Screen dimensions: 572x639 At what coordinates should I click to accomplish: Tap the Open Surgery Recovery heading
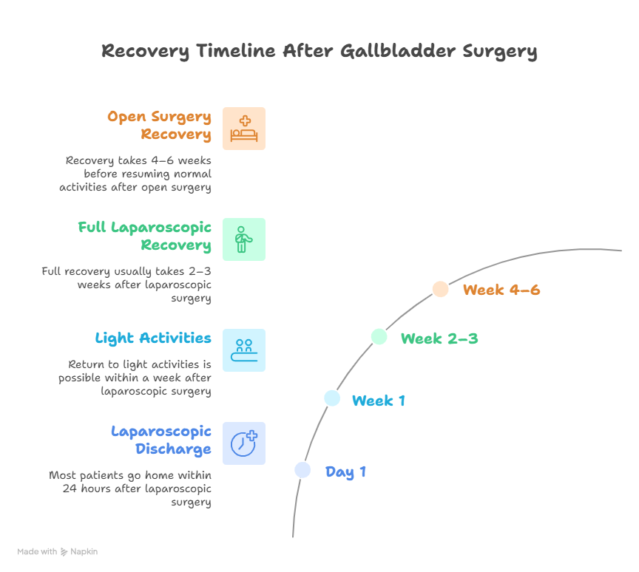coord(159,126)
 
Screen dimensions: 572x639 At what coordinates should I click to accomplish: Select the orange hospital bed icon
coord(244,129)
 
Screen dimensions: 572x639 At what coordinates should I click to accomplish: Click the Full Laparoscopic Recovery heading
coord(144,236)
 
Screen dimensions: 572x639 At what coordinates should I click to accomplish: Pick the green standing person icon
coord(244,239)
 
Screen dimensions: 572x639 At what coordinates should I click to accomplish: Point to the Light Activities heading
coord(153,338)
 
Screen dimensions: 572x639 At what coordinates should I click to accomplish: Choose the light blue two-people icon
coord(244,350)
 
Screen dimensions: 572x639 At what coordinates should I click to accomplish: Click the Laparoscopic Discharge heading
coord(161,440)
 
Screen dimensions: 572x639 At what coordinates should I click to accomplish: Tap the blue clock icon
coord(244,443)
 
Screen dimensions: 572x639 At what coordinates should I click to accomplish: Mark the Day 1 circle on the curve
coord(302,470)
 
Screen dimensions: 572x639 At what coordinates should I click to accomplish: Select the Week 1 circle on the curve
coord(332,398)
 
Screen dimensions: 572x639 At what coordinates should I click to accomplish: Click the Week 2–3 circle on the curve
coord(379,336)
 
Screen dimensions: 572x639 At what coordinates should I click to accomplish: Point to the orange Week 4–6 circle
coord(440,289)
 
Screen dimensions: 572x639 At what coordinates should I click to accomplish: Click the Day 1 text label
coord(345,472)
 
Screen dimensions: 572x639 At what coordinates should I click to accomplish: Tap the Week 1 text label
coord(378,401)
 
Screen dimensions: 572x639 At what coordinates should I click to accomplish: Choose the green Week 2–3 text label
coord(439,339)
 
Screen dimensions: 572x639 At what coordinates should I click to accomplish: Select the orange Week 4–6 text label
coord(501,290)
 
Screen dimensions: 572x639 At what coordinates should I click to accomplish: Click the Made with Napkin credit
coord(58,551)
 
